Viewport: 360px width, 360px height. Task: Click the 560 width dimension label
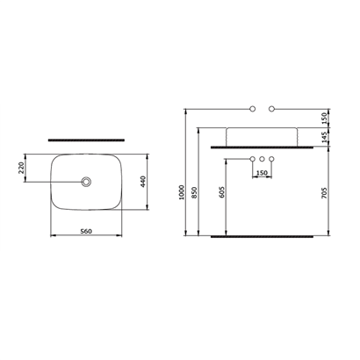click(86, 232)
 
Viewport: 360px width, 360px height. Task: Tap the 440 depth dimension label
click(143, 182)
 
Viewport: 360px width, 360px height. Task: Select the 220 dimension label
click(21, 168)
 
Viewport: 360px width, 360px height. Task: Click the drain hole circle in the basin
click(86, 182)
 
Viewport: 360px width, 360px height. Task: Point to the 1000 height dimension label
click(182, 192)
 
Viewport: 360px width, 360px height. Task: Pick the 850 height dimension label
click(195, 192)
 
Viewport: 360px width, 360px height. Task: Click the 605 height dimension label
click(222, 192)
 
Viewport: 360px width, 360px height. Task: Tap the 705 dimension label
click(324, 193)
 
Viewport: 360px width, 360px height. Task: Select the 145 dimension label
click(324, 138)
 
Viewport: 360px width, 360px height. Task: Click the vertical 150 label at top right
click(324, 119)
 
